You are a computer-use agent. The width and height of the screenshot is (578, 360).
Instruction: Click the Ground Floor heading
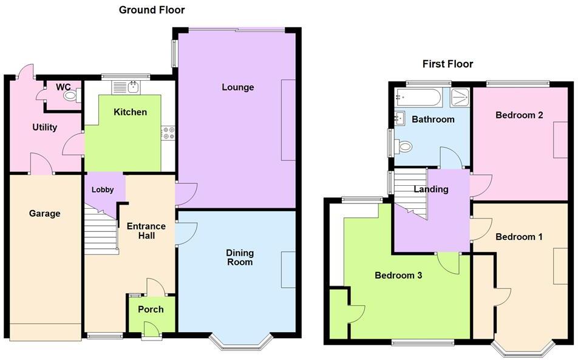click(152, 10)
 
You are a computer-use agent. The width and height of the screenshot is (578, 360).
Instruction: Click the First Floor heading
click(447, 64)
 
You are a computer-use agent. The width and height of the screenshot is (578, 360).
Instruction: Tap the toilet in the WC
click(70, 95)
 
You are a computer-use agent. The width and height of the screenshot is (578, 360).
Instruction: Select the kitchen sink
click(126, 88)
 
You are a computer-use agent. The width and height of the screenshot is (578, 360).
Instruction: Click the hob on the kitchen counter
click(168, 133)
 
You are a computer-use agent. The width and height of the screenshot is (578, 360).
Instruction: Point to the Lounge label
click(237, 87)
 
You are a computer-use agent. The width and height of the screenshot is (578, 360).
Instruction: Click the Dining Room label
click(240, 257)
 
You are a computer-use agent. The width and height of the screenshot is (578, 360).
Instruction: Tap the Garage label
click(44, 214)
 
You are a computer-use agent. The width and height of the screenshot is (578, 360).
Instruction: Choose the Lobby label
click(103, 190)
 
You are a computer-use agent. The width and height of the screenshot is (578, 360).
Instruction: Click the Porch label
click(151, 310)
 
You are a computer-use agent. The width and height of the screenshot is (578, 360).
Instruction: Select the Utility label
click(44, 127)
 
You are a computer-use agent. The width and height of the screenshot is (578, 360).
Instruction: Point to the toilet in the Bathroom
click(404, 146)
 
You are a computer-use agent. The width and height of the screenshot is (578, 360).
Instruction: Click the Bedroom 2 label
click(519, 115)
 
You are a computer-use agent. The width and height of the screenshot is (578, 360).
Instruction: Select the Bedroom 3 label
click(398, 276)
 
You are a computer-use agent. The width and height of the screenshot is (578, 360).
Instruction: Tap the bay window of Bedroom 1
click(522, 349)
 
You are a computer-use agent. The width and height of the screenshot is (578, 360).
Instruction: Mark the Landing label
click(431, 189)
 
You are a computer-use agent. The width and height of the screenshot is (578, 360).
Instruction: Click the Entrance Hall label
click(146, 231)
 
